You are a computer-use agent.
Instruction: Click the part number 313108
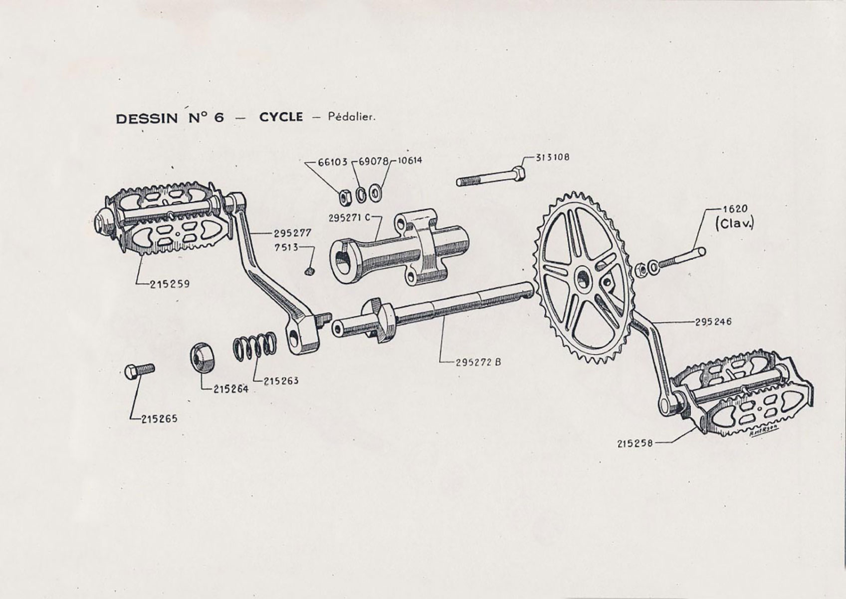552,157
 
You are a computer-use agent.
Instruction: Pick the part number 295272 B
478,362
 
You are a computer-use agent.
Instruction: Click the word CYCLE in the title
281,117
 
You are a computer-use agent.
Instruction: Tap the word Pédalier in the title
351,118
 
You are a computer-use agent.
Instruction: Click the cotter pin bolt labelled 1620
681,259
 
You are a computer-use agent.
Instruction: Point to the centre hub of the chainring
583,278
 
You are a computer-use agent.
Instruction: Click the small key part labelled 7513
309,271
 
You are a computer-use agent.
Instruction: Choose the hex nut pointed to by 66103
345,196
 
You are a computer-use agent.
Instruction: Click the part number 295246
713,322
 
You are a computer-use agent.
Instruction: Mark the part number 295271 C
349,218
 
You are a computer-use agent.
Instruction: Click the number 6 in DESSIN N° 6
217,118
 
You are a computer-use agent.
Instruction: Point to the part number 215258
634,443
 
